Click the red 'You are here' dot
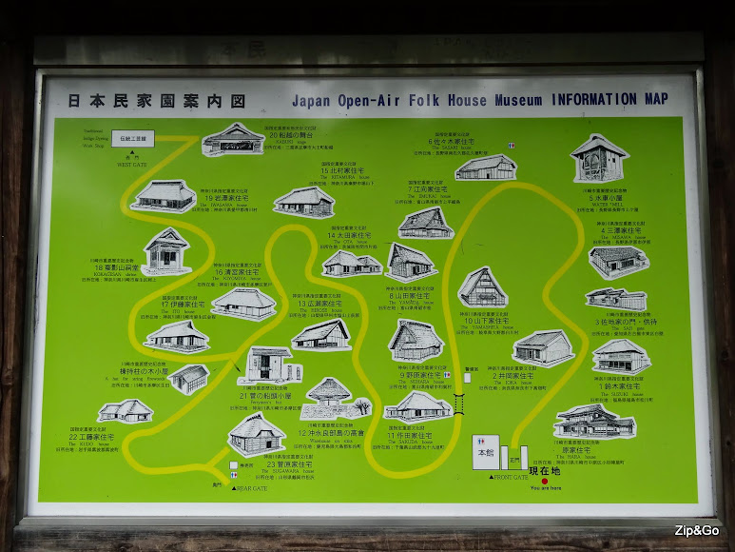coord(545,481)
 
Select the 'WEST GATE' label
coord(131,165)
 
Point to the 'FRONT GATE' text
coord(511,477)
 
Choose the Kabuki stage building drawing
coord(232,139)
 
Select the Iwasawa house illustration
coord(164,195)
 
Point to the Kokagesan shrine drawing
coord(167,249)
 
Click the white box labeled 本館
coord(485,453)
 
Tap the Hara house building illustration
coord(594,421)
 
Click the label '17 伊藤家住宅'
coord(178,305)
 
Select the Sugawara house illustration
coord(257,434)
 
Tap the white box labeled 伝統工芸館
coord(133,139)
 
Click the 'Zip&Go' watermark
coord(696,530)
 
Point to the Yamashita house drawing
coord(482,286)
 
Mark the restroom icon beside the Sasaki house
coord(511,145)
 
